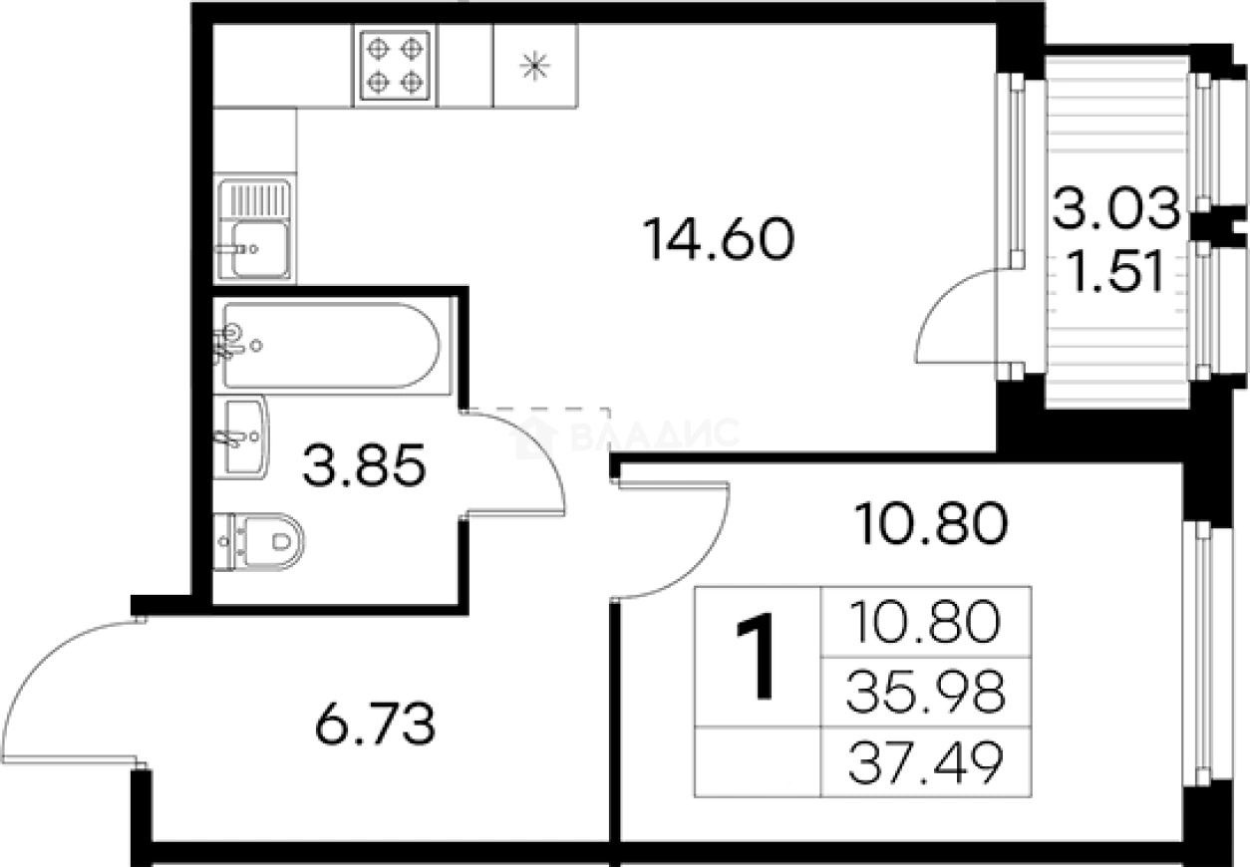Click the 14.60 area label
tap(719, 239)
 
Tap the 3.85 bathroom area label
tap(365, 465)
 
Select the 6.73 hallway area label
tap(375, 724)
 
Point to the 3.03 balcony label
tap(1116, 207)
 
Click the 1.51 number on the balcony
tap(1116, 272)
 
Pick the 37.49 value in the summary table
tap(926, 762)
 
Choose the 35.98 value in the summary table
tap(926, 692)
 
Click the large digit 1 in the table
tap(757, 656)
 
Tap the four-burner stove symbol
tap(395, 66)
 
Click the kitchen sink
tap(254, 229)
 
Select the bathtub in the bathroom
tap(332, 346)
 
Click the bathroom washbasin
tap(241, 436)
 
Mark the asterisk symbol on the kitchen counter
tap(535, 66)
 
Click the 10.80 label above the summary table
tap(931, 523)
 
